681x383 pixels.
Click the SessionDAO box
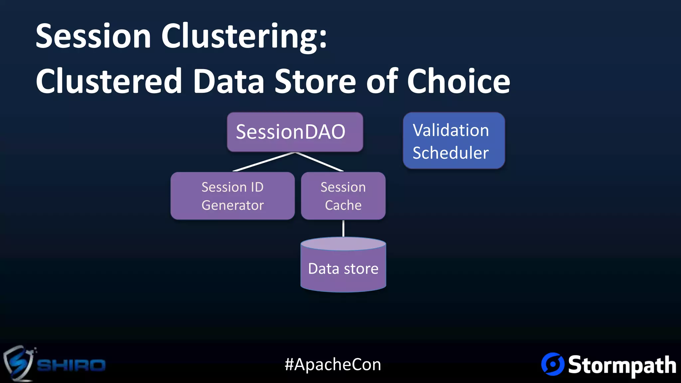click(x=295, y=132)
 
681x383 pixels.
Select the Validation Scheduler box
click(x=454, y=141)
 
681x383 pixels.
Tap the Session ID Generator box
click(x=232, y=196)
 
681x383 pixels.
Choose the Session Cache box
click(x=343, y=196)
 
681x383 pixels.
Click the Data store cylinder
click(x=343, y=269)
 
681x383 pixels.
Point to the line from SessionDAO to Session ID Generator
click(x=264, y=162)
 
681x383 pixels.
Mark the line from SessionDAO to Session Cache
click(x=320, y=162)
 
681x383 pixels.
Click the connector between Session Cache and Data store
click(x=343, y=228)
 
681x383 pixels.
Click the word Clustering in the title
click(x=244, y=37)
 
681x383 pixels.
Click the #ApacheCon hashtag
click(x=333, y=364)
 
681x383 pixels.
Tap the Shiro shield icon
click(x=18, y=363)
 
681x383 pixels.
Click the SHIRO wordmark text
click(x=71, y=365)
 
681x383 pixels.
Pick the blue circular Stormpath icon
click(x=553, y=364)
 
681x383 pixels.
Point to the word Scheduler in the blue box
click(x=451, y=153)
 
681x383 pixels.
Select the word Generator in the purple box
click(x=232, y=205)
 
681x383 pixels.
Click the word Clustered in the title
click(x=109, y=81)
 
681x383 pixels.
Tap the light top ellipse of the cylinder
click(x=343, y=244)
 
